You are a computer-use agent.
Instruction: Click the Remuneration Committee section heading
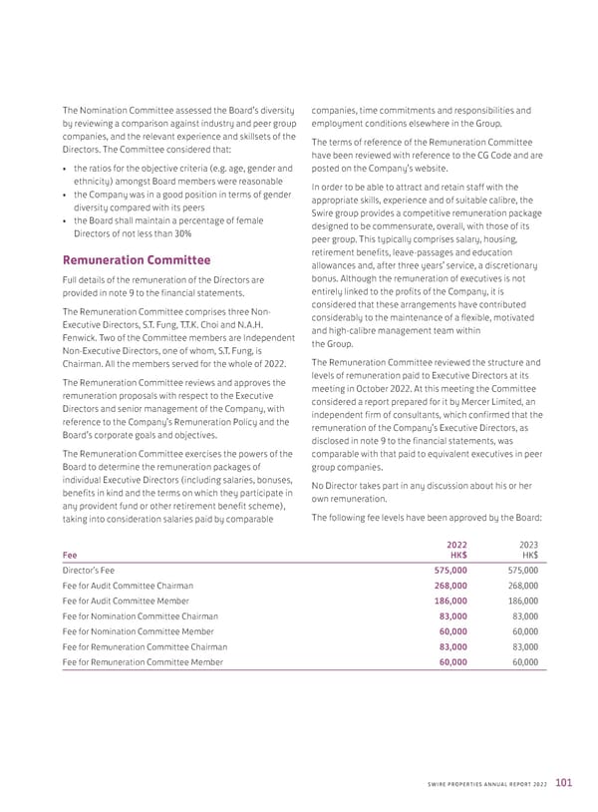click(x=137, y=260)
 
